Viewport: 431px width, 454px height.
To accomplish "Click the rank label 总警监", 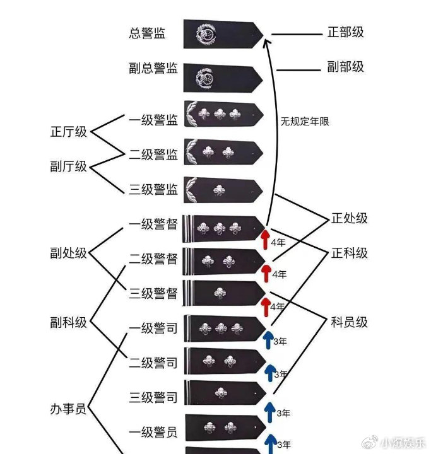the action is click(x=147, y=33).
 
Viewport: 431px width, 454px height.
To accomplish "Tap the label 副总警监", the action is click(x=153, y=68).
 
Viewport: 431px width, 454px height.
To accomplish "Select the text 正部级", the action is click(x=346, y=32).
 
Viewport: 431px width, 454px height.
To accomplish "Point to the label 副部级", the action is click(x=346, y=67).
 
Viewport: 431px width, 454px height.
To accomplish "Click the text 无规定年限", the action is click(x=305, y=121).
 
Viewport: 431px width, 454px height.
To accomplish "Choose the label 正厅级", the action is click(x=68, y=132).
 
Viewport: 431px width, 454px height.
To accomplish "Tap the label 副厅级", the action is click(x=68, y=166).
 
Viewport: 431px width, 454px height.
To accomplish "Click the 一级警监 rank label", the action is click(x=153, y=120).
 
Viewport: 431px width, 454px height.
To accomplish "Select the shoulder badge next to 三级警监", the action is click(x=223, y=190).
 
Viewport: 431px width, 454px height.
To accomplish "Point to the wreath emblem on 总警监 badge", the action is click(x=206, y=35).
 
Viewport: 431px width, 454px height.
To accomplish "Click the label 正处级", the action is click(x=349, y=218).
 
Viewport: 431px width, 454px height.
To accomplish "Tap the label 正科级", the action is click(x=349, y=253).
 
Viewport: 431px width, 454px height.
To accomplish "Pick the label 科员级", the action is click(x=349, y=322).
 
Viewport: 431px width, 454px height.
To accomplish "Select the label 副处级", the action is click(x=68, y=253).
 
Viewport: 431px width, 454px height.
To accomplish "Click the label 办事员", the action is click(x=68, y=409).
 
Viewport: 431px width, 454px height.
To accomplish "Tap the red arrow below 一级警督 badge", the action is click(x=265, y=239).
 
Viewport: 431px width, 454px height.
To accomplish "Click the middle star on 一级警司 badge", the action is click(x=221, y=329).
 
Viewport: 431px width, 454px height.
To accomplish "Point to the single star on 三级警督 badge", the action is click(x=220, y=293).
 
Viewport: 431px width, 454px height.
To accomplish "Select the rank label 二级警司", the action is click(x=153, y=363).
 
